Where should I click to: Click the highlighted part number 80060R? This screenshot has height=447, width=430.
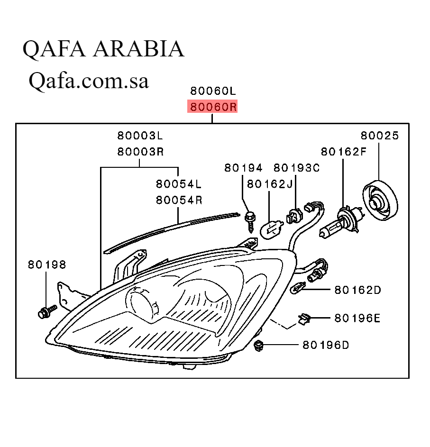pos(213,107)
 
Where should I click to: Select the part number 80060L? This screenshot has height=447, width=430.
pos(213,90)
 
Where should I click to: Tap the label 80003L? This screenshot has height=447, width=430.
pos(140,136)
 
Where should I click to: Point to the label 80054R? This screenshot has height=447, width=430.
pos(179,200)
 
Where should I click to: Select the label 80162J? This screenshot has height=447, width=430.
pos(270,184)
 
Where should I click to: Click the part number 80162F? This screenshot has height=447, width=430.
pos(344,152)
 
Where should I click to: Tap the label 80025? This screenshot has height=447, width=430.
pos(380,136)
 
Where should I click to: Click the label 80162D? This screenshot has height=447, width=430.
pos(358,290)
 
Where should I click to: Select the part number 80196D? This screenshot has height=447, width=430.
pos(326,345)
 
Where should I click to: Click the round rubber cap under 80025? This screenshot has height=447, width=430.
pos(380,201)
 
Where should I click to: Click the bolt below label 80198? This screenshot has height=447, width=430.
pos(46,311)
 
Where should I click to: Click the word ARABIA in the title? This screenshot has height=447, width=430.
pos(139,49)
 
